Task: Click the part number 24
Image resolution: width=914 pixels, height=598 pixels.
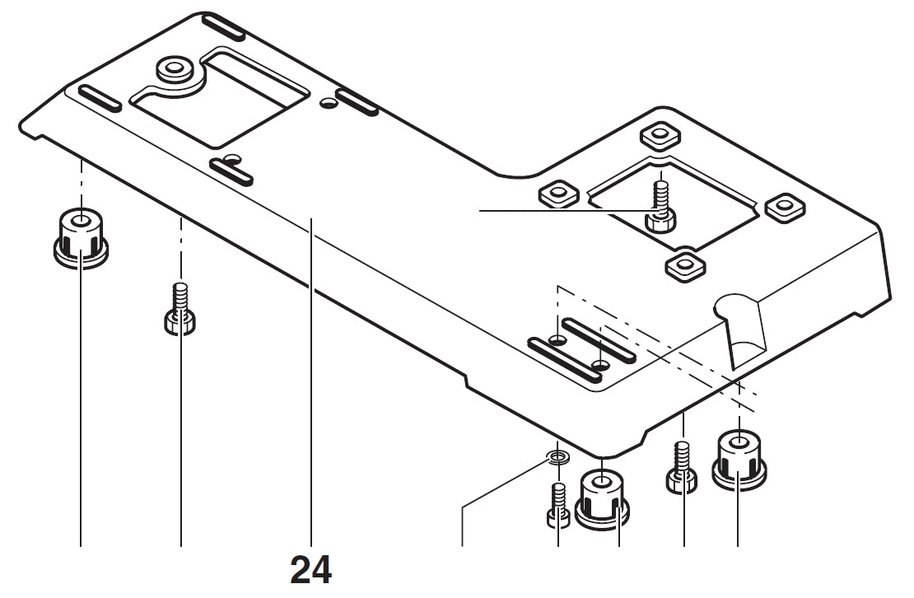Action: pyautogui.click(x=311, y=569)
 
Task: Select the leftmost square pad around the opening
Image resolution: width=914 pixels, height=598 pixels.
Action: pyautogui.click(x=558, y=194)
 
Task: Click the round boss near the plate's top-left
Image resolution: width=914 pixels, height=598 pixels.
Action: pyautogui.click(x=175, y=69)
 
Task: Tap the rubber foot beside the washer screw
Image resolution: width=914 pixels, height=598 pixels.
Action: pyautogui.click(x=605, y=496)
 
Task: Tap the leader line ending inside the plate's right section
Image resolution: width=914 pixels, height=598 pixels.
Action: pyautogui.click(x=527, y=212)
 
